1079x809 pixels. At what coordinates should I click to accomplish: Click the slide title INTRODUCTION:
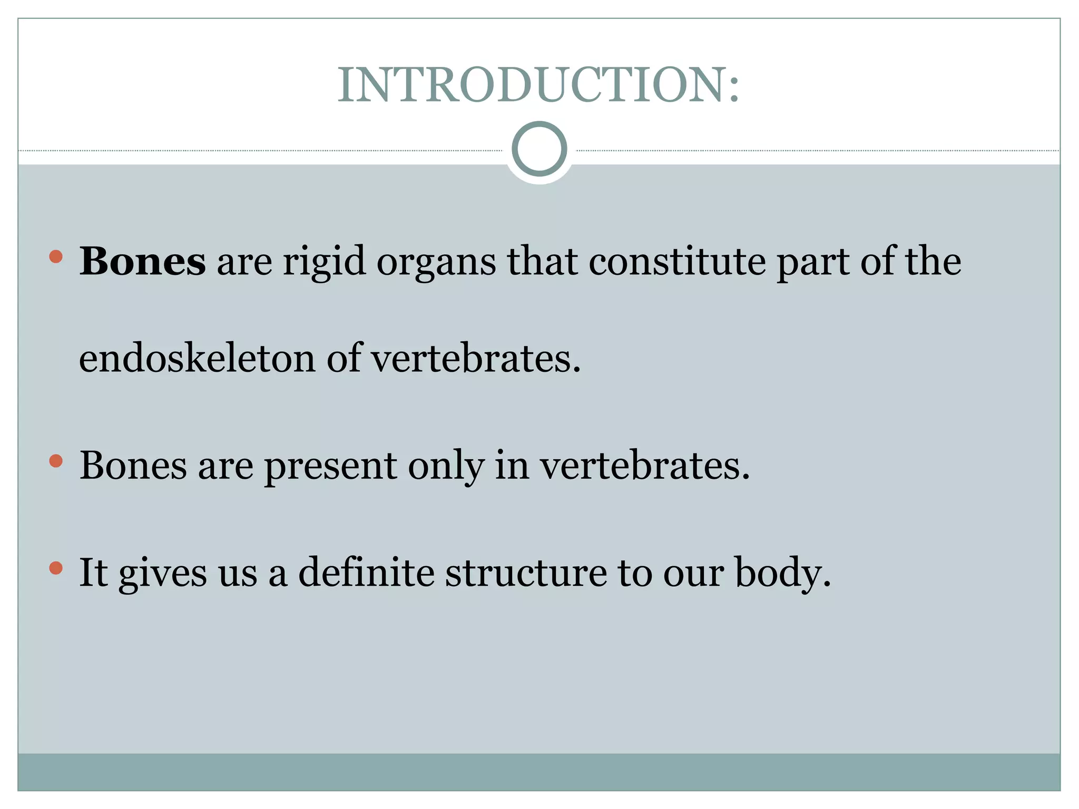point(538,85)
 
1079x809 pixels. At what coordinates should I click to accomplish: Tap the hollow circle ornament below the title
point(539,149)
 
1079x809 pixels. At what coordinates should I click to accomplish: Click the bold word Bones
point(142,261)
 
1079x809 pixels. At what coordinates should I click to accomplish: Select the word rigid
point(324,261)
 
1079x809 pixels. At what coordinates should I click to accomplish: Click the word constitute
point(677,261)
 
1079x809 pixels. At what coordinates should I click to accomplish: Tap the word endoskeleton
point(197,358)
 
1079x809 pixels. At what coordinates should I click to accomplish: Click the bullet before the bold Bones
point(56,257)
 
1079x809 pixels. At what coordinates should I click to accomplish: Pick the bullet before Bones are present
point(56,461)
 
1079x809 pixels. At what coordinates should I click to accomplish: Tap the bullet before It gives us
point(56,568)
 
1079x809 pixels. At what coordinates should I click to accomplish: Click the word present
point(330,467)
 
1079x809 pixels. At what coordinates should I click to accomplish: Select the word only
point(446,467)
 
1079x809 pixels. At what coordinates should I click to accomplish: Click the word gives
point(163,573)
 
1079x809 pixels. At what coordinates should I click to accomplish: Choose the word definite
point(366,572)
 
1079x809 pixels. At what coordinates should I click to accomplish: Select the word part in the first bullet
point(812,262)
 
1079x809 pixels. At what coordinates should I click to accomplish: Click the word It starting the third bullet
point(93,572)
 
